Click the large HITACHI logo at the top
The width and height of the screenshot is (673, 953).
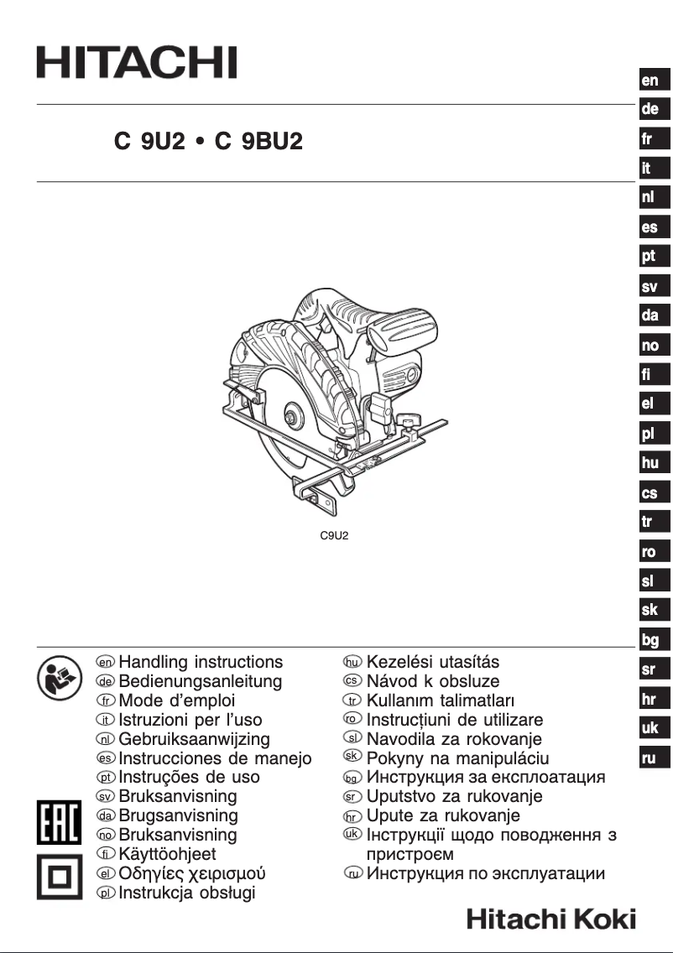[x=136, y=63]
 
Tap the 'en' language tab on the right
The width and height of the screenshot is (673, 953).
[x=650, y=81]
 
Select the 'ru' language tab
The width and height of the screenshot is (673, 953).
[x=650, y=758]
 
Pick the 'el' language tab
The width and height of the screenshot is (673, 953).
[x=650, y=404]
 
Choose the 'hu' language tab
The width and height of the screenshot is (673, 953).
[x=650, y=462]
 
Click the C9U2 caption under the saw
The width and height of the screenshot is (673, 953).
[x=334, y=534]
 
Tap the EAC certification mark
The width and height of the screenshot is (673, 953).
[x=59, y=823]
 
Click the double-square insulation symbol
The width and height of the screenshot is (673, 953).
[x=59, y=877]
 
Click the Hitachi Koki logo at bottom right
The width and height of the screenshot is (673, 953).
[x=551, y=919]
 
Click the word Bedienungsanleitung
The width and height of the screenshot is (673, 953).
[x=201, y=681]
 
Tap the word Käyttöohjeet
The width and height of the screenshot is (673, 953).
[x=168, y=854]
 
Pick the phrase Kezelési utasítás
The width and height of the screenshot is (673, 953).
[x=433, y=662]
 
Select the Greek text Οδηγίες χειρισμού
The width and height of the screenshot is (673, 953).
[x=192, y=873]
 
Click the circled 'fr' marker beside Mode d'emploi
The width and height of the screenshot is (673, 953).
[x=106, y=700]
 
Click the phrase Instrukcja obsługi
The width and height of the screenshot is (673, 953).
[x=187, y=893]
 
